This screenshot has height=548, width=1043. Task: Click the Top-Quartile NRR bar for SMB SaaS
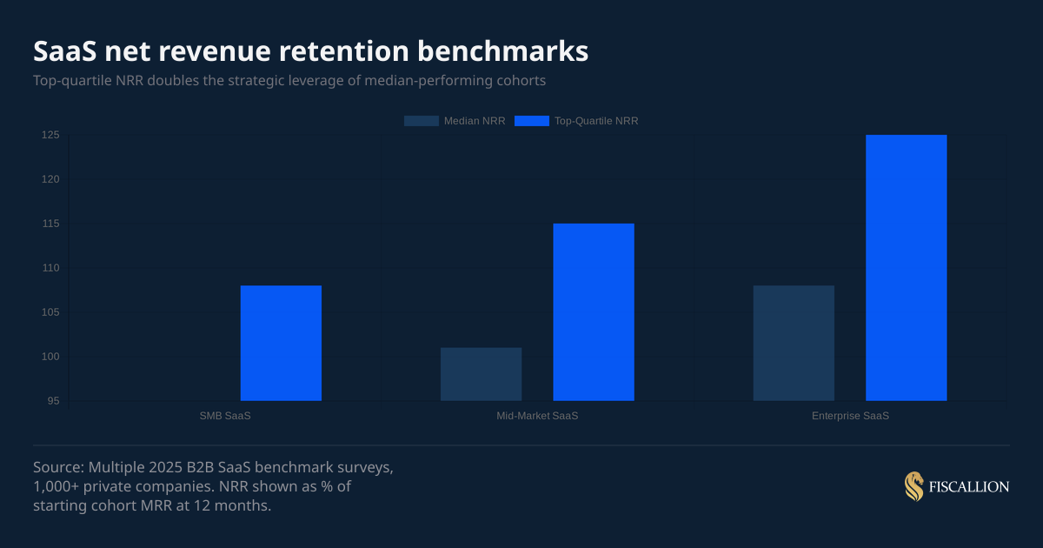coord(281,343)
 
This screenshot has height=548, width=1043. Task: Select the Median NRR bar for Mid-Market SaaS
coord(481,374)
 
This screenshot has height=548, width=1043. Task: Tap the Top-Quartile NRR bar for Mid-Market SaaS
coord(594,312)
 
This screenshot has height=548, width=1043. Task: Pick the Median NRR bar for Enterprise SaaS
coord(794,343)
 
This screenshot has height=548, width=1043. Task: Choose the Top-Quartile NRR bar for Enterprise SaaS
coord(907,268)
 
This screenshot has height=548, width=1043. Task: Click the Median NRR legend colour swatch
coord(421,121)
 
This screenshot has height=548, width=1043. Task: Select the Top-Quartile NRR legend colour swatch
coord(532,121)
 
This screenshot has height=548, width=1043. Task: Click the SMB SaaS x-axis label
coord(225,416)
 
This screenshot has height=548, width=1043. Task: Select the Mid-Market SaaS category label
coord(537,416)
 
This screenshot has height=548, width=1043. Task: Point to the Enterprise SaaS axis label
coord(850,416)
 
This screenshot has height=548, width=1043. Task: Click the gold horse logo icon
coord(913,487)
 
